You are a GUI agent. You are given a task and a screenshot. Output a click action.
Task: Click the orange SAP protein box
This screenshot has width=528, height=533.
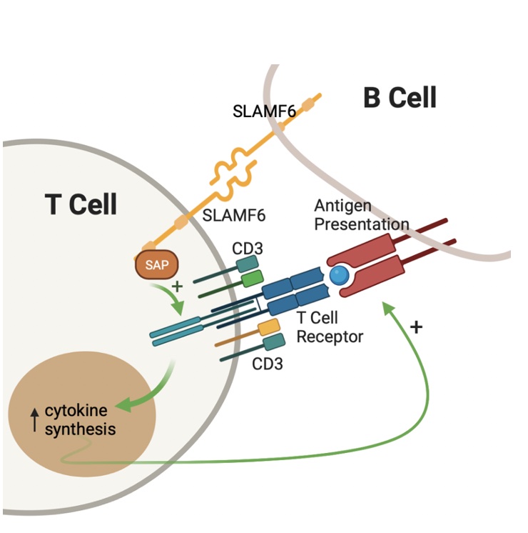pyautogui.click(x=157, y=265)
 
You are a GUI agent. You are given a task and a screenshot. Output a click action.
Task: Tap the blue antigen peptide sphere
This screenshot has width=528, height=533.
pyautogui.click(x=339, y=275)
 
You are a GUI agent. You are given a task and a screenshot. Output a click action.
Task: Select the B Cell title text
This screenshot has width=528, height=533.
pyautogui.click(x=400, y=98)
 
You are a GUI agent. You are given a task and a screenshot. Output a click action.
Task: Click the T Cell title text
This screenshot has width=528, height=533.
pyautogui.click(x=81, y=204)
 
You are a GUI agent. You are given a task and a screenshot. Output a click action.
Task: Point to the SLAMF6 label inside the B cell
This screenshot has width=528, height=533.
pyautogui.click(x=264, y=111)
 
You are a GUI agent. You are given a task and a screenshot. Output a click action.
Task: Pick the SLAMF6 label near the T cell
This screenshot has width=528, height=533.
pyautogui.click(x=233, y=215)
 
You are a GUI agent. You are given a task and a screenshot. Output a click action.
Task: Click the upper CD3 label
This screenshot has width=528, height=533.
pyautogui.click(x=248, y=249)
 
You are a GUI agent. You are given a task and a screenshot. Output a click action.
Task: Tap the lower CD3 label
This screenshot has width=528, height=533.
pyautogui.click(x=268, y=364)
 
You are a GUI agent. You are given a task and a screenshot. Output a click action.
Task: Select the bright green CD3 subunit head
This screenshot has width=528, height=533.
pyautogui.click(x=253, y=279)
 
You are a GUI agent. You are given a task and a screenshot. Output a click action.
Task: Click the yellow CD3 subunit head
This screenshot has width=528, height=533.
pyautogui.click(x=269, y=327)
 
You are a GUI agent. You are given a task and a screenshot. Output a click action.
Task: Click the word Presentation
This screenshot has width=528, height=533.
pyautogui.click(x=362, y=224)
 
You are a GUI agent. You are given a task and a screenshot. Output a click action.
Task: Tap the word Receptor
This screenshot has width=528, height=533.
pyautogui.click(x=330, y=337)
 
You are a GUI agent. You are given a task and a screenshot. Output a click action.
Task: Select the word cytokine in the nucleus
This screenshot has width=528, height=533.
pyautogui.click(x=76, y=410)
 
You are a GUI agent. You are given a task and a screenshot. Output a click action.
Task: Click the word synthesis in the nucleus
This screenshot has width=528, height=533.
pyautogui.click(x=80, y=429)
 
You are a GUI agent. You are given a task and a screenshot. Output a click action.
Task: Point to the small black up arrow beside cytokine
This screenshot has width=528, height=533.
pyautogui.click(x=34, y=420)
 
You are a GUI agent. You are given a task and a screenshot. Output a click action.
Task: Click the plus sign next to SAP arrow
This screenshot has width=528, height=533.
pyautogui.click(x=177, y=287)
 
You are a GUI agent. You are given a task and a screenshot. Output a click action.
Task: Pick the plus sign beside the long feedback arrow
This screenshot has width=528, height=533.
pyautogui.click(x=416, y=327)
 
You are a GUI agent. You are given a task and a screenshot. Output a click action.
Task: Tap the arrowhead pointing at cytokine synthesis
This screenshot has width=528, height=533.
pyautogui.click(x=124, y=404)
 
